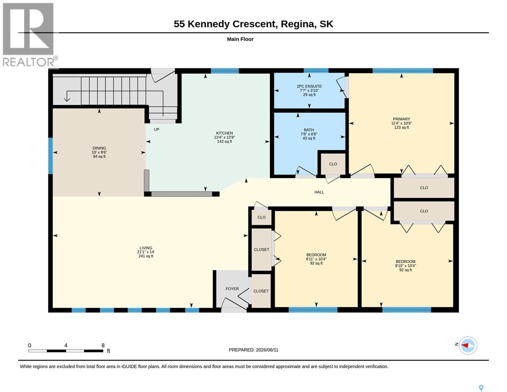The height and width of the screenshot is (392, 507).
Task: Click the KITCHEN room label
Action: pos(224,133)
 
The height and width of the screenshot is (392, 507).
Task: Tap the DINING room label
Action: pos(99,148)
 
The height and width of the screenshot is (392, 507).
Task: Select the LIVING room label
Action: pos(146,248)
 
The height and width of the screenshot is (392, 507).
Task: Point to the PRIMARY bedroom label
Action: pos(401,119)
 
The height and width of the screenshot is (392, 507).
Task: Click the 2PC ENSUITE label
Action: pos(309,86)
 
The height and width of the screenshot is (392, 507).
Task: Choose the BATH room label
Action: pos(309,130)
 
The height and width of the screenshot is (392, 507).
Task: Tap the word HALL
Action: pos(319,192)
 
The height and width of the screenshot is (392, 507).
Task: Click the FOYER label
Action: pos(232,289)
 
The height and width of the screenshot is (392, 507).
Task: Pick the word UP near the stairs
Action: pos(157,129)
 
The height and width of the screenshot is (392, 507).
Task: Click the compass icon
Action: pos(468,345)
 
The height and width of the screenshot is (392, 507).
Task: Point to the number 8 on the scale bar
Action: pos(103,345)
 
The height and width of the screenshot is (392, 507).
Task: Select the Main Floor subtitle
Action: pos(240,39)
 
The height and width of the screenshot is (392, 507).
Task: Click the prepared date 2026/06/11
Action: pos(267,350)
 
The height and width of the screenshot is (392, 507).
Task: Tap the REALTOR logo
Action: pos(30,35)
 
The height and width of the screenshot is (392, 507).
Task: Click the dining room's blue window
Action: pos(50,156)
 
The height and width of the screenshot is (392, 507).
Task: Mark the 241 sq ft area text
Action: pos(146,256)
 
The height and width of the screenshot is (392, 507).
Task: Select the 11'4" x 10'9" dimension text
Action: pos(401,123)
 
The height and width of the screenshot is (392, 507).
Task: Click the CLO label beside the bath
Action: pos(333,164)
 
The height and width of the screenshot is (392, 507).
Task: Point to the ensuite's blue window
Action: pos(316,71)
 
